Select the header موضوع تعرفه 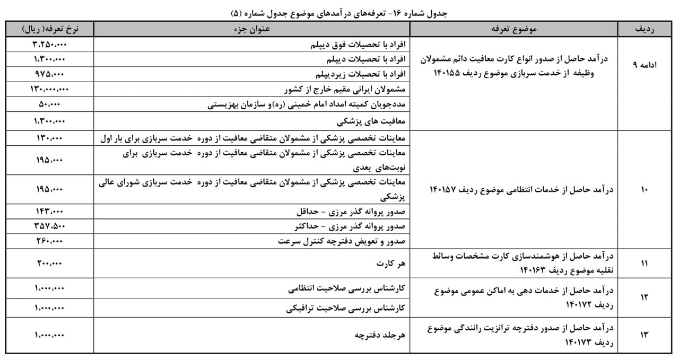click(x=522, y=29)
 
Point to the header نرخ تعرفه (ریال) click(x=50, y=29)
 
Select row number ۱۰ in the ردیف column click(x=644, y=189)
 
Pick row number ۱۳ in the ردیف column click(x=644, y=335)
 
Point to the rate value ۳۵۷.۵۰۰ click(x=50, y=226)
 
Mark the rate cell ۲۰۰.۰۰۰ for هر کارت click(x=50, y=263)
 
